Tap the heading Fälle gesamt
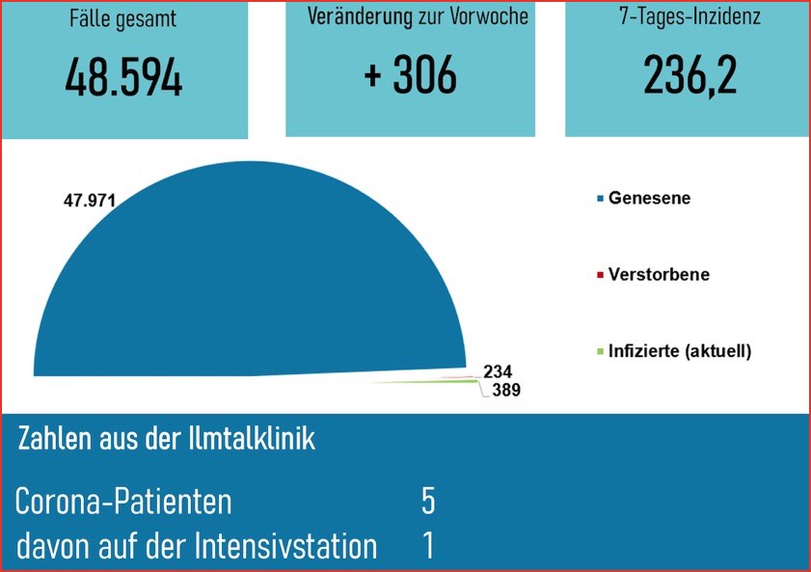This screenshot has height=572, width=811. point(122,17)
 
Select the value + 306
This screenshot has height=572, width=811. point(410,75)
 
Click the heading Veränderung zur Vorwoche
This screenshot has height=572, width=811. point(418,16)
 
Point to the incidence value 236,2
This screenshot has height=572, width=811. point(690,75)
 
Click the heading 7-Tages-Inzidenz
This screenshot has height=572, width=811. point(689,17)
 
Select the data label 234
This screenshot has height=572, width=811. point(498,371)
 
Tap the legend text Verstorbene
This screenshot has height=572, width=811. point(659,274)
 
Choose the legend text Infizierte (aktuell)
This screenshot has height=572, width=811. point(679,350)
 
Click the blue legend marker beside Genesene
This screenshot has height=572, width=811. point(600,199)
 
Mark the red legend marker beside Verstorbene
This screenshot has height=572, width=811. point(600,275)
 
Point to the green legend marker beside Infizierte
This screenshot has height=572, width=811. point(600,351)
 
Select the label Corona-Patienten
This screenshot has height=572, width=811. point(123,503)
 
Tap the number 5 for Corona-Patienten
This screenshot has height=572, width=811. point(428,502)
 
